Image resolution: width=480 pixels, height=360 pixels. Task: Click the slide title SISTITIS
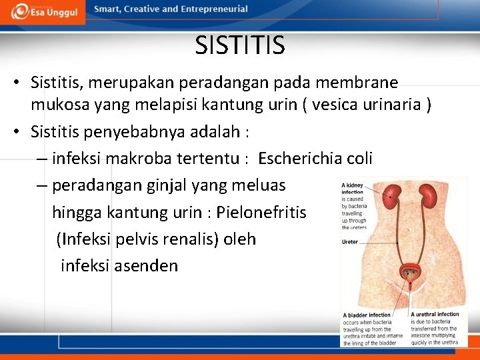[x=240, y=45]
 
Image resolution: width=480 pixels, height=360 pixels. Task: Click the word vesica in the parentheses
[x=344, y=105]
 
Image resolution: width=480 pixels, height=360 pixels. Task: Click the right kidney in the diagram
[x=427, y=195]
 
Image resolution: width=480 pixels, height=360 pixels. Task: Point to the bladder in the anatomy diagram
[x=411, y=272]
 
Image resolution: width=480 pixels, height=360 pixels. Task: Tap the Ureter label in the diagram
[x=350, y=242]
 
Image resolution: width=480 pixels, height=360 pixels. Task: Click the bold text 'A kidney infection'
[x=353, y=189]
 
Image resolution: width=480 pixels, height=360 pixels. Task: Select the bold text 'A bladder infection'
[x=367, y=315]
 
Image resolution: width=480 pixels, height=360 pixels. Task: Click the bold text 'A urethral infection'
[x=435, y=314]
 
